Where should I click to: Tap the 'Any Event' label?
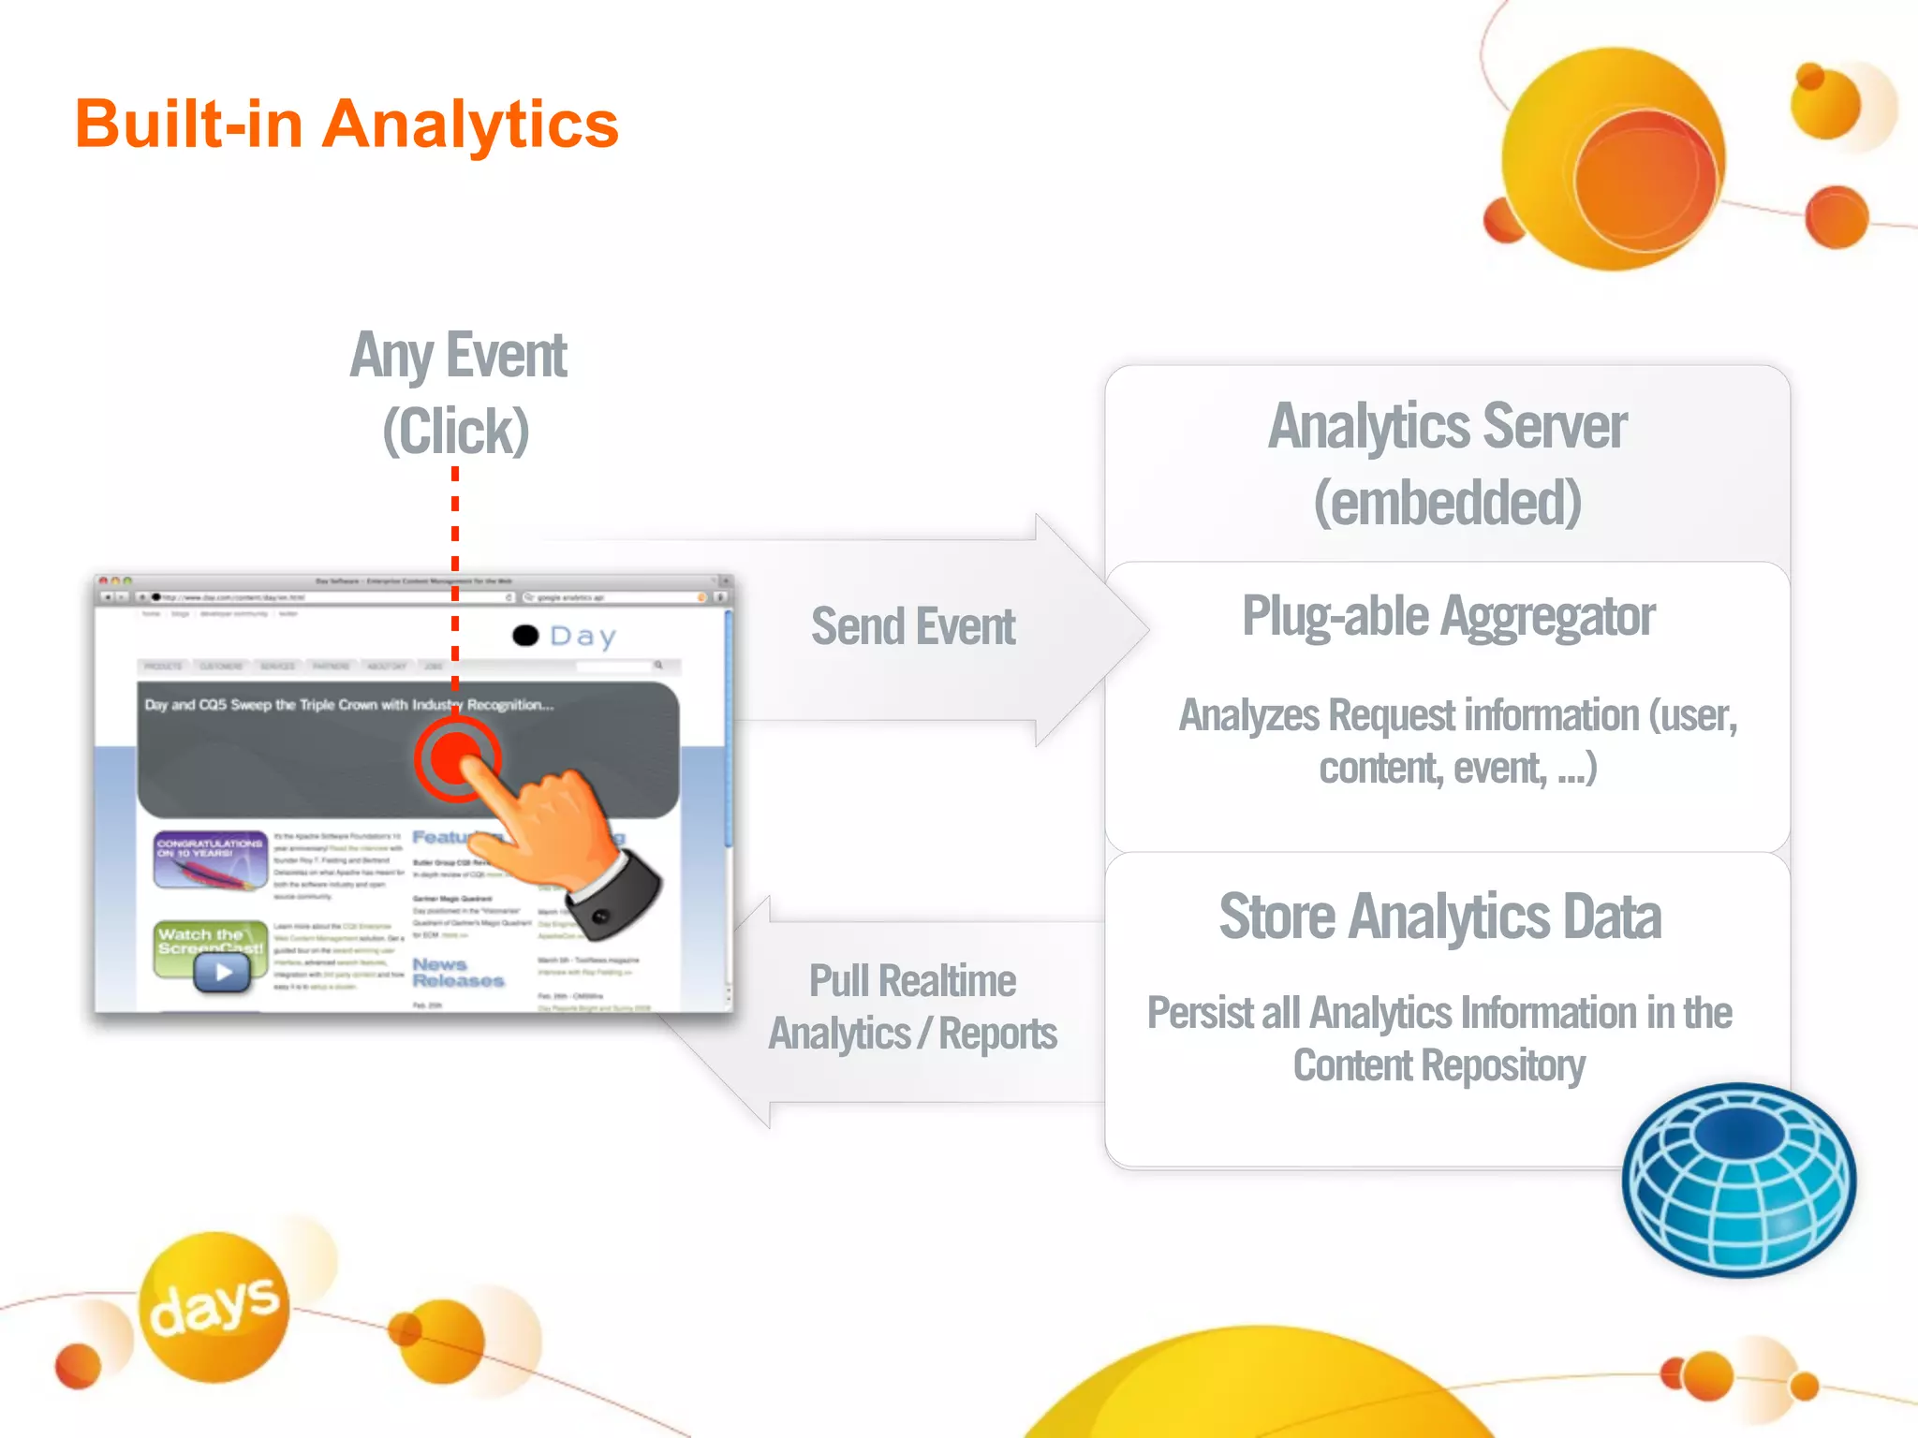(x=458, y=357)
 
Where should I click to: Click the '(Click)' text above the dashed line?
(x=456, y=431)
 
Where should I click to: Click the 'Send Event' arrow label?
(x=912, y=626)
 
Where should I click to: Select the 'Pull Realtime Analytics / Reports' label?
(x=912, y=1007)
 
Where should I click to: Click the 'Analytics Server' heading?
(x=1447, y=427)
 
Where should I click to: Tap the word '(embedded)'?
(x=1447, y=503)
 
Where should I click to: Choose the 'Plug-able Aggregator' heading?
(x=1448, y=616)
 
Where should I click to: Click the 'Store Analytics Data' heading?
(x=1439, y=917)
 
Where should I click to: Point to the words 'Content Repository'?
(x=1438, y=1065)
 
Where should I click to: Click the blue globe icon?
(x=1738, y=1180)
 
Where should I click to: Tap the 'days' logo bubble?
(x=214, y=1305)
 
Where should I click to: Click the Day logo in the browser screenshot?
(x=565, y=637)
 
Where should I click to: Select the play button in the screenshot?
(x=222, y=973)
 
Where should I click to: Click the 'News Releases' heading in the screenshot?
(x=458, y=973)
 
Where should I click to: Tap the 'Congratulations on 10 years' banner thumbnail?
(x=210, y=859)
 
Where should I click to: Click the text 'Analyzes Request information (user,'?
(x=1457, y=716)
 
